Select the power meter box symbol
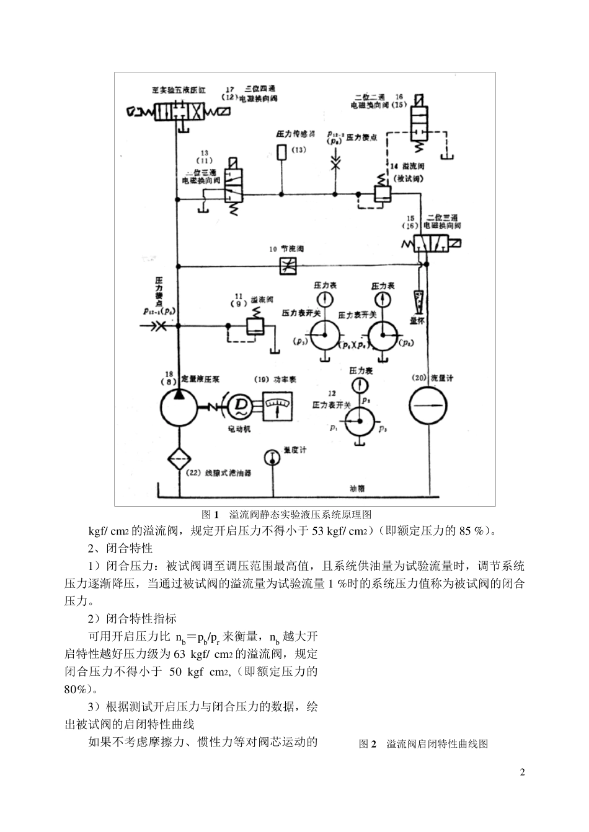coord(277,407)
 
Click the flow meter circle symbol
coord(428,406)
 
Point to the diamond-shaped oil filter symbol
coord(179,458)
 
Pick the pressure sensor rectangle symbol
coord(282,151)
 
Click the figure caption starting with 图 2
coord(423,744)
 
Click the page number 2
coord(522,772)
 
